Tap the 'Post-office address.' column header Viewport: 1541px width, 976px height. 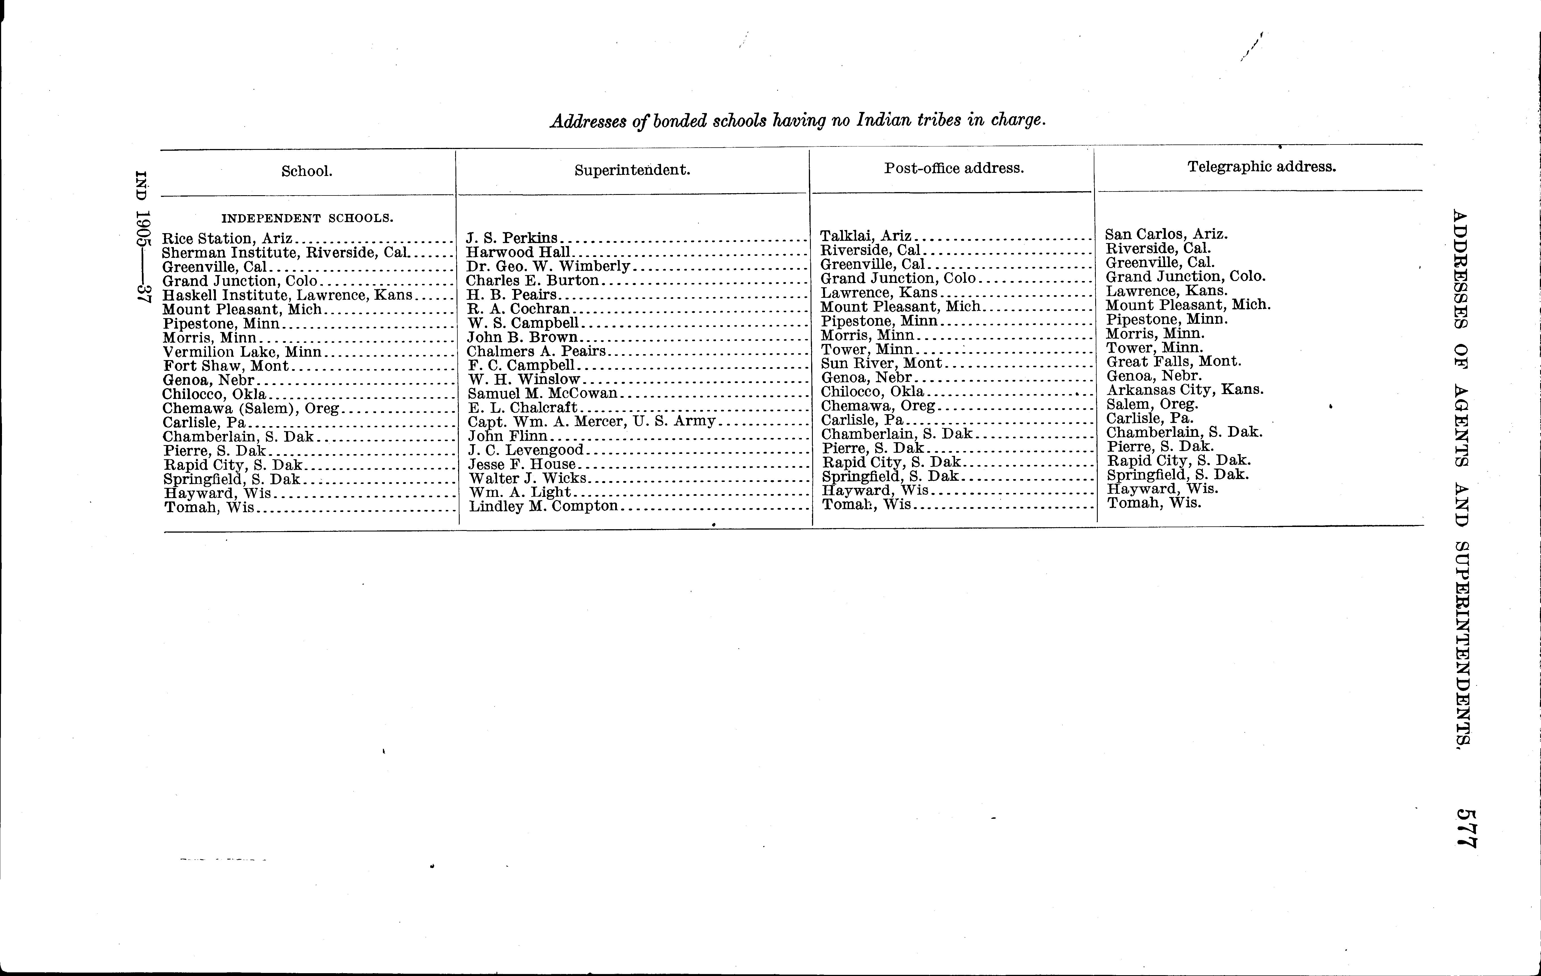(954, 168)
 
